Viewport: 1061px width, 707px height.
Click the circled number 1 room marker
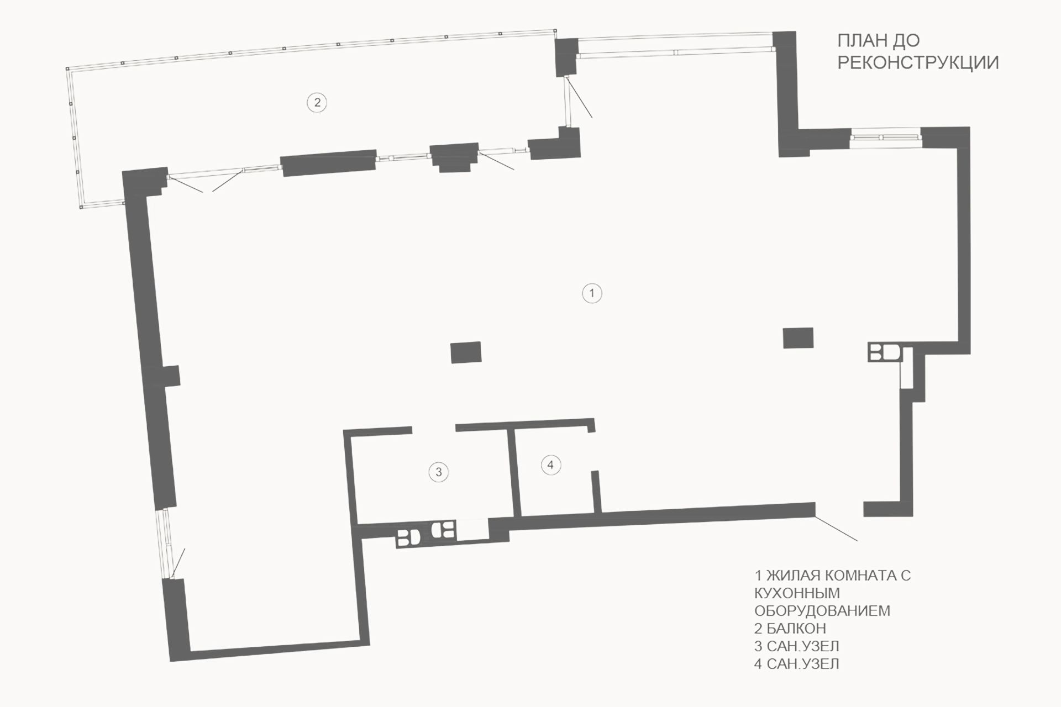point(592,293)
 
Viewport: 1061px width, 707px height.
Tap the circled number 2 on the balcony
point(317,102)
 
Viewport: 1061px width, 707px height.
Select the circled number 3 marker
point(439,472)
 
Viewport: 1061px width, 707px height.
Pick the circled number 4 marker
point(550,465)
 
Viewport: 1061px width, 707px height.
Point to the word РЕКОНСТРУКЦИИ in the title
point(918,62)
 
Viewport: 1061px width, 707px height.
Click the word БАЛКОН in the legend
point(796,628)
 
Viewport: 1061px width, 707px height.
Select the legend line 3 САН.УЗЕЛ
point(796,646)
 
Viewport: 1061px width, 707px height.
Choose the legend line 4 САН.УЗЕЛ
point(796,663)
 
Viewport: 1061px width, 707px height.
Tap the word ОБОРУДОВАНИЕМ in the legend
point(822,610)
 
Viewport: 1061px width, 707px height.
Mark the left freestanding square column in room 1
point(466,352)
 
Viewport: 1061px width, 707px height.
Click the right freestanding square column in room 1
point(798,338)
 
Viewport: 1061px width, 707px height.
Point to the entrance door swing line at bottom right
point(836,527)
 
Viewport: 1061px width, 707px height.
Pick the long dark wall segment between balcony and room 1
point(329,163)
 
